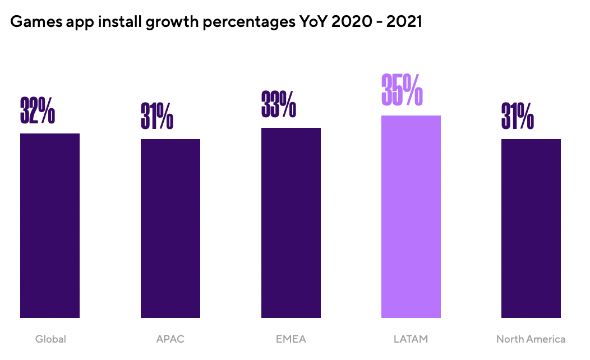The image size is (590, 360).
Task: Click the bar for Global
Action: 50,225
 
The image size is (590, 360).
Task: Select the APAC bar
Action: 170,228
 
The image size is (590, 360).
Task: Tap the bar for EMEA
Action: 291,223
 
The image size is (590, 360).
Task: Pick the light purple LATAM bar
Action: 411,216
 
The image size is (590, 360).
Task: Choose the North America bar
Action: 531,228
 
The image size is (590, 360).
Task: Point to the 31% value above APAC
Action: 157,116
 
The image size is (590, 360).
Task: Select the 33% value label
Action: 279,104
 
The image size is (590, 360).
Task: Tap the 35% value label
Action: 402,90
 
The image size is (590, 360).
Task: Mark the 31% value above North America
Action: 518,116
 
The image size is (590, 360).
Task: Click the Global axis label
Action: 50,339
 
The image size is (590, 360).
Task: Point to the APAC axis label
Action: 170,339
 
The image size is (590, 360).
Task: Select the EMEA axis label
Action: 291,339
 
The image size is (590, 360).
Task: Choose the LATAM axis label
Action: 411,339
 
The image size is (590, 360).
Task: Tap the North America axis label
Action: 531,339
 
